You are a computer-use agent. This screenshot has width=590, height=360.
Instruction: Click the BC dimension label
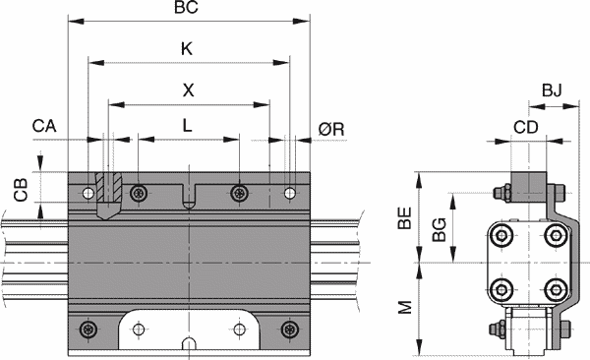click(x=186, y=8)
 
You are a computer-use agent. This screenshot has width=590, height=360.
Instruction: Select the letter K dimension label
click(x=187, y=49)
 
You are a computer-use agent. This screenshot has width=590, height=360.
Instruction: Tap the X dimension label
click(x=188, y=90)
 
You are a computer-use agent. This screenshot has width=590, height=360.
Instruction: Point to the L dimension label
click(x=188, y=125)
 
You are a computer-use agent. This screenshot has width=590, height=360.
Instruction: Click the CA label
click(x=44, y=126)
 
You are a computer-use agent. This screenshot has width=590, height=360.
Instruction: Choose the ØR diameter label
click(x=331, y=129)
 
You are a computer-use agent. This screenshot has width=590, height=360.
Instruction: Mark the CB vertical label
click(x=21, y=190)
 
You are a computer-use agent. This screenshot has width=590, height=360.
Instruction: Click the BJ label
click(x=552, y=90)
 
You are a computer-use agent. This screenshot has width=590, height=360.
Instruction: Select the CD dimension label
click(x=526, y=128)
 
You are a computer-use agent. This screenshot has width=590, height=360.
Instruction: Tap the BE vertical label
click(x=405, y=218)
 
